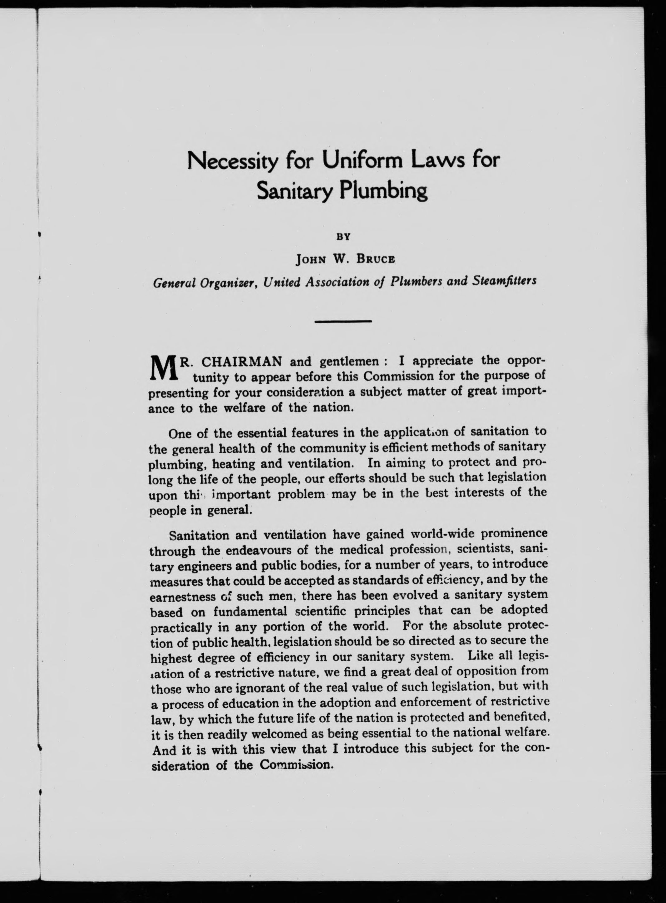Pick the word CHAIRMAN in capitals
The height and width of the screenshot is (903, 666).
pos(241,361)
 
